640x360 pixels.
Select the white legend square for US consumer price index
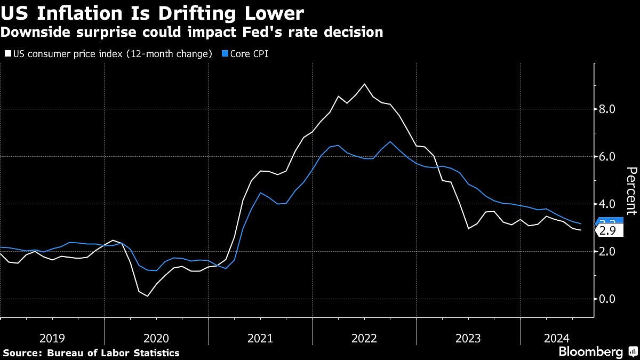[8, 54]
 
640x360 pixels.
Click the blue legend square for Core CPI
[224, 54]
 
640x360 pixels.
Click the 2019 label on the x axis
[52, 338]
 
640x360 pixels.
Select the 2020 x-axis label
[156, 338]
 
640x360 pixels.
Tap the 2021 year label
[260, 338]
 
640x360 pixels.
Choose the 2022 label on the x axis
[364, 338]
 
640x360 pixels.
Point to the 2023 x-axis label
[468, 338]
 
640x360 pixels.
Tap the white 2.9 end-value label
[609, 231]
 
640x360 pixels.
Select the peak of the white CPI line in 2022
[364, 84]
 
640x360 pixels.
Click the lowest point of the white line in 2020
[148, 296]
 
